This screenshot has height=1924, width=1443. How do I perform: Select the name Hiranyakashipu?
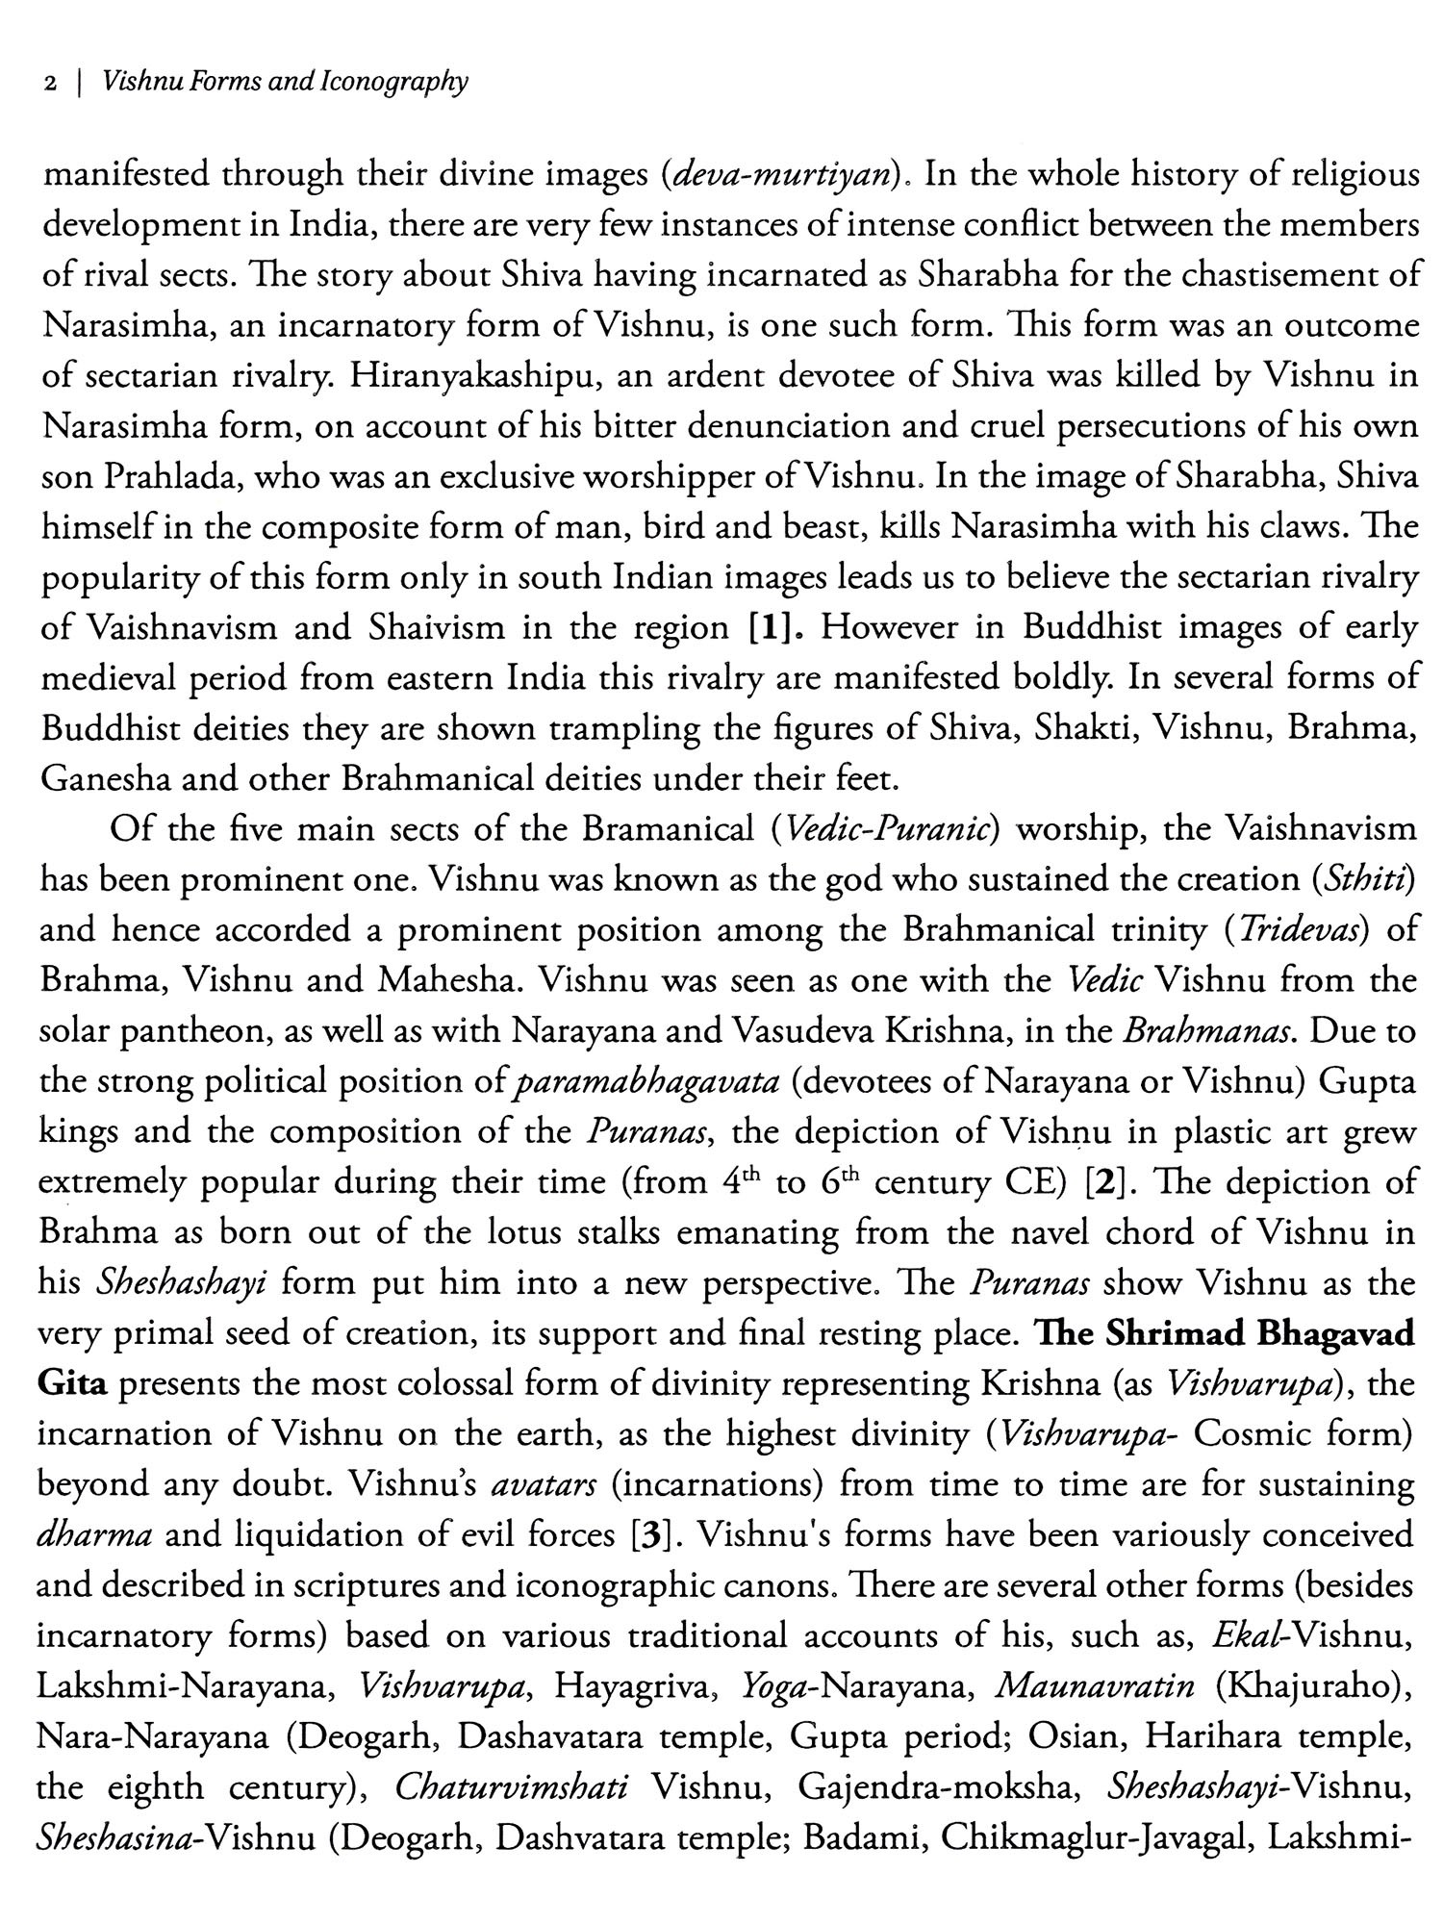475,376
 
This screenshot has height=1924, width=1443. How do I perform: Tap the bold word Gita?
73,1383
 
